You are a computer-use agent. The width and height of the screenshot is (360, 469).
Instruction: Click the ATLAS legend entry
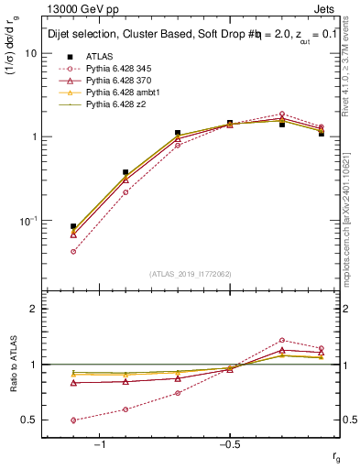point(99,56)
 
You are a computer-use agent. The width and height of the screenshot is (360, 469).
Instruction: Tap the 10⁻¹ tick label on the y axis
point(28,221)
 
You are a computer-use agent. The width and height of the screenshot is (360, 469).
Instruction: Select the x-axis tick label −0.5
point(229,444)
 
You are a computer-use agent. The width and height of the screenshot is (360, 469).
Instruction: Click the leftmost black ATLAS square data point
point(73,226)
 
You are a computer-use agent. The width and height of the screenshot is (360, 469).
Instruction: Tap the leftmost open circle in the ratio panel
point(73,420)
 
